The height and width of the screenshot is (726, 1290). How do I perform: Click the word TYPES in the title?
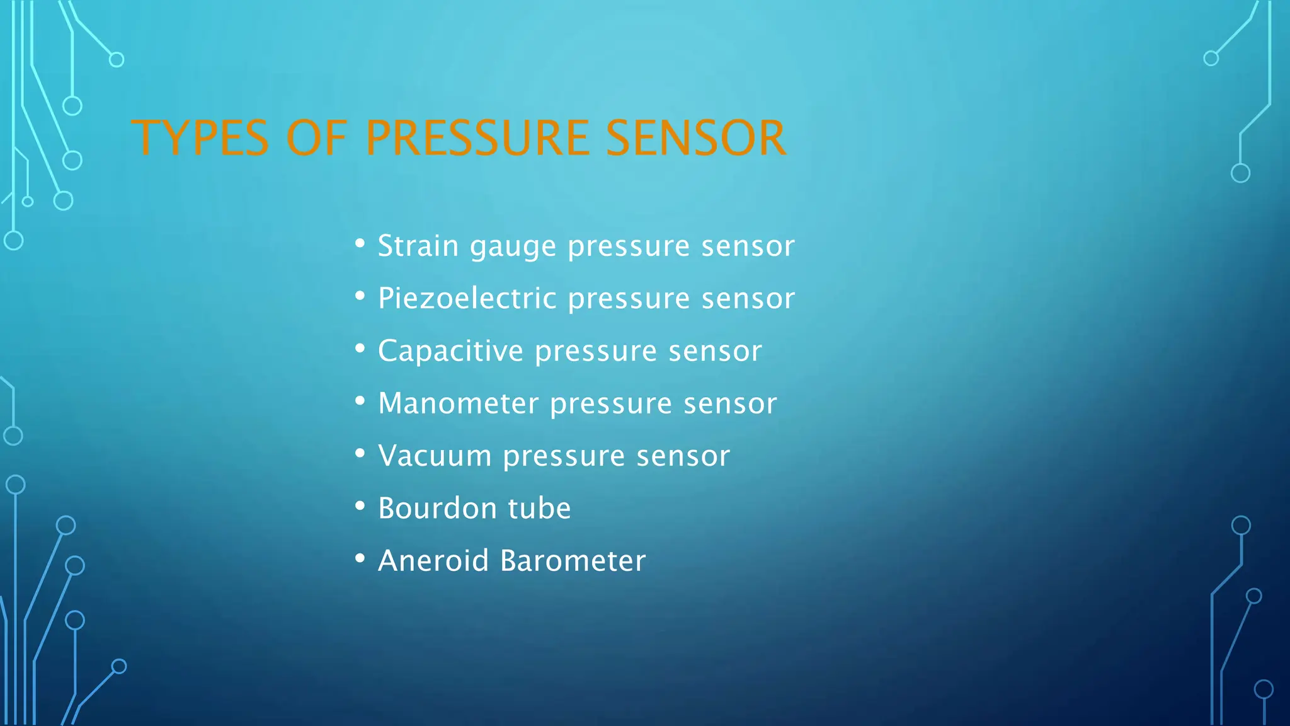point(200,138)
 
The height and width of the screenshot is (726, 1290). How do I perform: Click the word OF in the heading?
point(316,138)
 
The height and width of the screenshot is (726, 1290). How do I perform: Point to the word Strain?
point(418,246)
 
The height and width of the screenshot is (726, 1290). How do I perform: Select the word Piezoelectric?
point(467,298)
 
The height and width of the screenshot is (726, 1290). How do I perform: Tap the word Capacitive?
point(450,351)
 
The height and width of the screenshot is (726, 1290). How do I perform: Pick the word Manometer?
point(459,403)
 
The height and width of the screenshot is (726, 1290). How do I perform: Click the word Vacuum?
point(435,456)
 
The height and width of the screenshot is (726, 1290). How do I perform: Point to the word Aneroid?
point(433,560)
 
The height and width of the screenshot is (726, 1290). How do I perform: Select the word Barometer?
point(573,560)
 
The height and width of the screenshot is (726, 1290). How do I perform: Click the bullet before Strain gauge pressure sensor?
point(360,243)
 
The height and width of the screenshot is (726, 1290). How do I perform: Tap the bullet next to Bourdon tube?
point(360,505)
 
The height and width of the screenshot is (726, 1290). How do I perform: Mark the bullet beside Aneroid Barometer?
point(360,558)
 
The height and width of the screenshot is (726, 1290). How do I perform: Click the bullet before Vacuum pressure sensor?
point(360,453)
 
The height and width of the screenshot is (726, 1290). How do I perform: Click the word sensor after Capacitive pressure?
point(715,351)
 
